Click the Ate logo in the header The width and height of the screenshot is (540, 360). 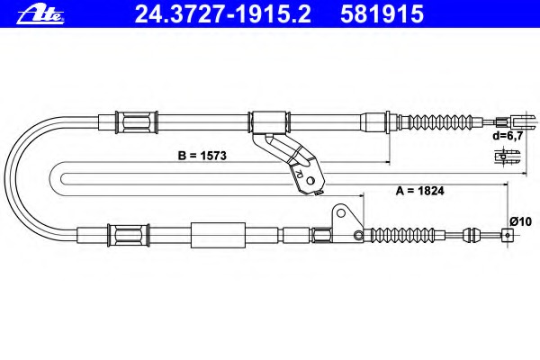(40, 14)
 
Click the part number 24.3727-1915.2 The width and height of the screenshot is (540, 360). (223, 14)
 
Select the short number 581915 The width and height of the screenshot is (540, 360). (382, 14)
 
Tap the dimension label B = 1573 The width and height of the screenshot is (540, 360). (202, 156)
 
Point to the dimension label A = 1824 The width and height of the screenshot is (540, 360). (419, 191)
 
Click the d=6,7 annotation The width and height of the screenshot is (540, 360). (508, 136)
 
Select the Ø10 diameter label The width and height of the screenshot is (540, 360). (521, 221)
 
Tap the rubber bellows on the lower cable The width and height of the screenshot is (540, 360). (400, 235)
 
